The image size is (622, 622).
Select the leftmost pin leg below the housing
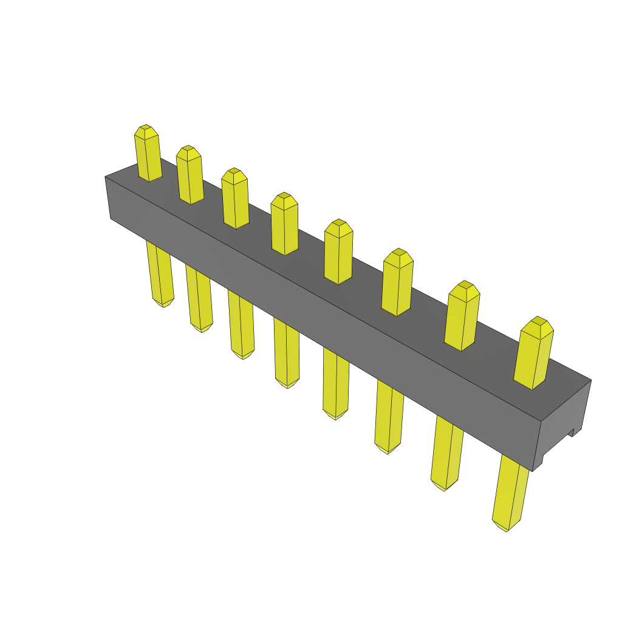(160, 273)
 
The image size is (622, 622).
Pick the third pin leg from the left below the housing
(241, 325)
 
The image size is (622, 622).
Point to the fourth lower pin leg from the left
(287, 352)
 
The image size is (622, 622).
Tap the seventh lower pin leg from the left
(446, 453)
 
